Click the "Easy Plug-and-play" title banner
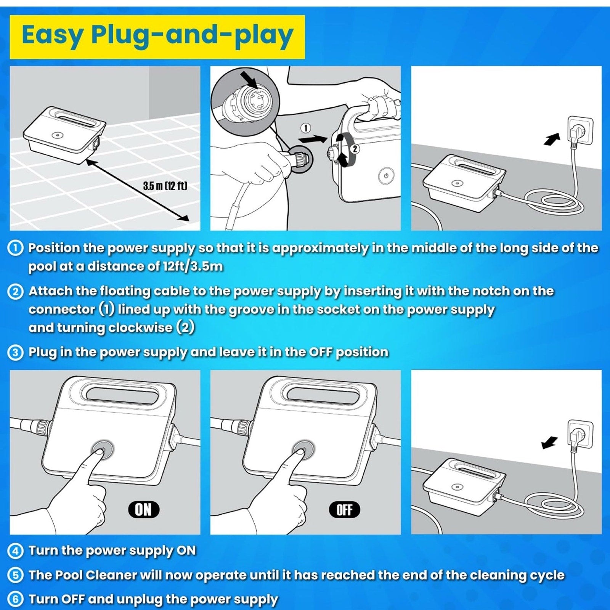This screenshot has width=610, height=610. tap(157, 37)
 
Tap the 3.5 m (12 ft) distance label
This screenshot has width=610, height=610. tap(165, 186)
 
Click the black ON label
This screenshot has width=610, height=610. tap(143, 509)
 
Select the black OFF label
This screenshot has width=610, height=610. tap(344, 509)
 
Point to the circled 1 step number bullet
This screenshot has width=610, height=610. tap(15, 248)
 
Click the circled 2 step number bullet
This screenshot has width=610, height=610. tap(15, 292)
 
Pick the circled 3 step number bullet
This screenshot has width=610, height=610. tap(15, 352)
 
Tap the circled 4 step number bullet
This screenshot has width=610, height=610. tap(15, 551)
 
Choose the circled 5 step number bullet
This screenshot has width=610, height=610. tap(15, 575)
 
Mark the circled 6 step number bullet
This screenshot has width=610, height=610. tap(15, 599)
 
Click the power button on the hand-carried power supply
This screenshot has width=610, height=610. tap(386, 176)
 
